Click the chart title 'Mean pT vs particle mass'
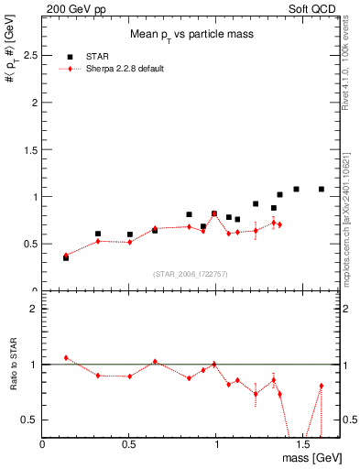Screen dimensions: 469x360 tap(191, 35)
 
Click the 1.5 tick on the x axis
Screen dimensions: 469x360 tap(302, 444)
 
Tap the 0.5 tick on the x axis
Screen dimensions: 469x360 tap(129, 444)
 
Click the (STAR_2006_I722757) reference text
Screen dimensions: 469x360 tap(191, 275)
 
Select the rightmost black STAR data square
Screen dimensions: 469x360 tap(322, 190)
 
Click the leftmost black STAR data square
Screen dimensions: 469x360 tap(66, 258)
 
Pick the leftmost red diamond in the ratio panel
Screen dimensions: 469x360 tap(66, 358)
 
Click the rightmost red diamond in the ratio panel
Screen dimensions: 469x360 tap(322, 386)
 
